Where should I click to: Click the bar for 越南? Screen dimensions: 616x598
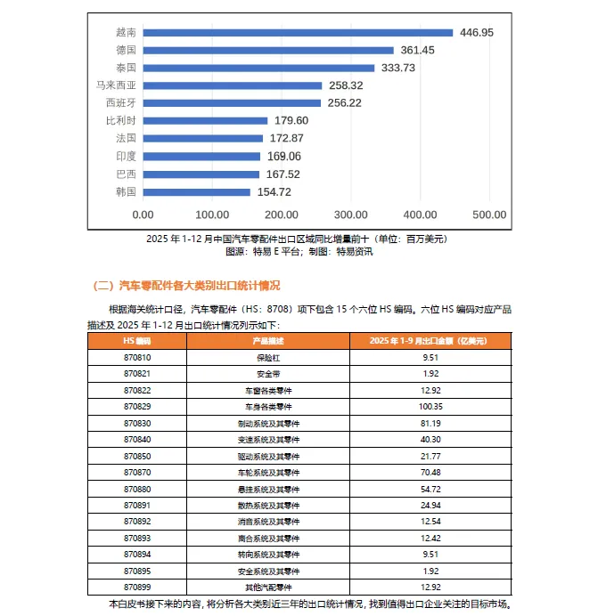(298, 33)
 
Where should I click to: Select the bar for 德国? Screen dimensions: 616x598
(268, 50)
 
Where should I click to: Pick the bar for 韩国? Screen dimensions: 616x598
(196, 191)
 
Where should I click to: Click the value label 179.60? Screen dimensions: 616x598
(291, 120)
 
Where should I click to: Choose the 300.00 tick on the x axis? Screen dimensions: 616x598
(351, 215)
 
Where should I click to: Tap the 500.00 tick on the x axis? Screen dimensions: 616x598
(489, 215)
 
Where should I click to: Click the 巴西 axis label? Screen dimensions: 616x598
(126, 174)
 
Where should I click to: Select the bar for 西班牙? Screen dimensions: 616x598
(232, 102)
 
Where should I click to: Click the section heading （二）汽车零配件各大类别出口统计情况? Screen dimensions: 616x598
(187, 285)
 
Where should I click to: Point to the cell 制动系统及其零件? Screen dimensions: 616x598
(268, 423)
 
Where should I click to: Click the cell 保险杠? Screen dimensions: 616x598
(268, 358)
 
